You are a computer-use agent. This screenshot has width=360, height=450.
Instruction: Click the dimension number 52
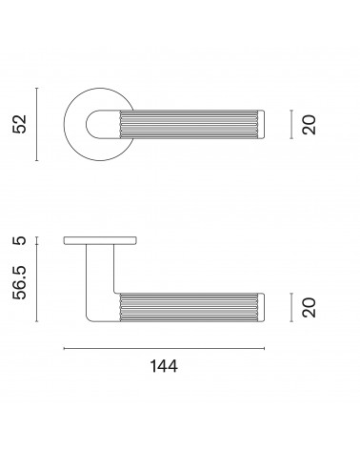(19, 124)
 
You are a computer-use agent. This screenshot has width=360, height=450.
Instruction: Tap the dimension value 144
(164, 366)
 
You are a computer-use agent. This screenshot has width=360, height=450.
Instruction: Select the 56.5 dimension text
(19, 283)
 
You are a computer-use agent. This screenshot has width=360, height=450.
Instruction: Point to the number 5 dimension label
(20, 240)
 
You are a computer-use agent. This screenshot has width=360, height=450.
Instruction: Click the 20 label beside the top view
(310, 125)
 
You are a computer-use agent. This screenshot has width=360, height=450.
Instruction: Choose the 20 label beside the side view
(310, 307)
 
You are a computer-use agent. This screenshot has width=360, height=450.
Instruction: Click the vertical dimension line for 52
(37, 124)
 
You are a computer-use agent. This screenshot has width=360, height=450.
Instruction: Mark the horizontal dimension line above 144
(164, 349)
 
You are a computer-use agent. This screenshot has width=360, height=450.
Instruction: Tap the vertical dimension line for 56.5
(37, 283)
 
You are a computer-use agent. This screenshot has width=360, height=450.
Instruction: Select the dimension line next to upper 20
(291, 124)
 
